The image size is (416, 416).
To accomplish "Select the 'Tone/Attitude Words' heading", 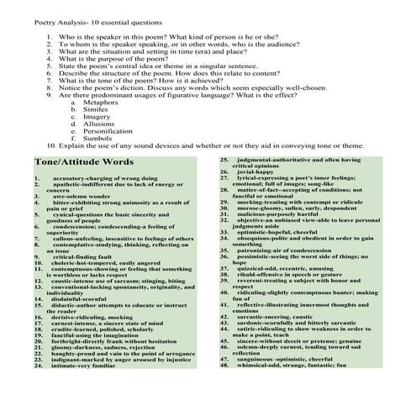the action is [83, 161].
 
